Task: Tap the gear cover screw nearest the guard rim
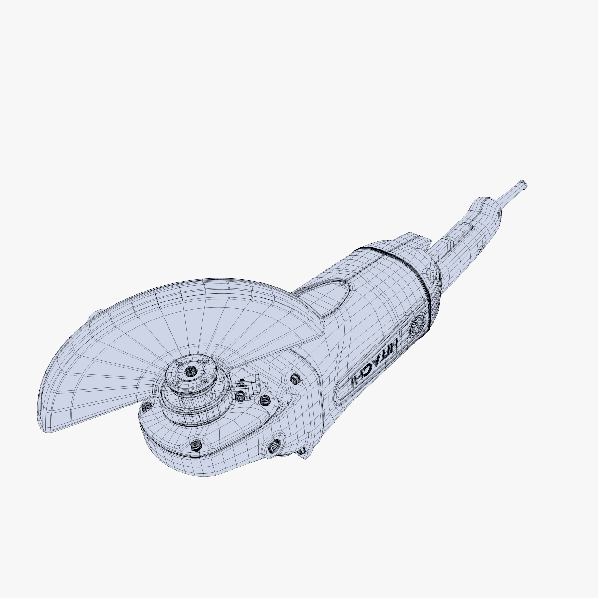click(146, 406)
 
